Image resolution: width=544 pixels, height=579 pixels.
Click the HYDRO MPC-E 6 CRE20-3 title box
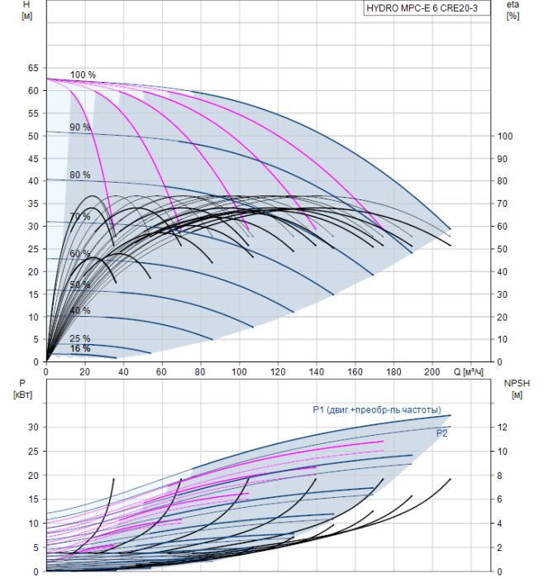(x=427, y=8)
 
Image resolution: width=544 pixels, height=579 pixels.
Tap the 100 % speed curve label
(x=83, y=75)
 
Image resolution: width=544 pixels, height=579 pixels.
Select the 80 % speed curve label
(x=80, y=175)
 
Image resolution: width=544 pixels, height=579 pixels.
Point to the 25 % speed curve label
(x=80, y=338)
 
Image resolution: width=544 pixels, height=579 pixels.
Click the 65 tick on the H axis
(x=33, y=68)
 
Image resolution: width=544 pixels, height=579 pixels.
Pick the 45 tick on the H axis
(x=33, y=159)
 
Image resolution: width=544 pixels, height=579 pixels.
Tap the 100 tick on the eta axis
(x=505, y=136)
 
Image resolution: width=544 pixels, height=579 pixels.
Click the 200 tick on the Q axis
(x=432, y=371)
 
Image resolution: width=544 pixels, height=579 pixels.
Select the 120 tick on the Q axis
(x=278, y=371)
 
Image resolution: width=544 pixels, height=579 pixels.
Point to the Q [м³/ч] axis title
(x=468, y=371)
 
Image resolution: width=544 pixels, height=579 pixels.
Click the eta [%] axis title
(x=513, y=10)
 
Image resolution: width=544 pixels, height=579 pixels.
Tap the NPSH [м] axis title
(x=517, y=389)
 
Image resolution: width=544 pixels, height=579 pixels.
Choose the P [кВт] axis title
(x=22, y=389)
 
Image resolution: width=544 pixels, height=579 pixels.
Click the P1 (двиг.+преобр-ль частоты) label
(x=377, y=410)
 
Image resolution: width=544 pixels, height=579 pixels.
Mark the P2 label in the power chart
(x=441, y=433)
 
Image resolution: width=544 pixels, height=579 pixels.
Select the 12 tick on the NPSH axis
(x=503, y=428)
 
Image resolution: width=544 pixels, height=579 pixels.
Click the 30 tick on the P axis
(x=33, y=428)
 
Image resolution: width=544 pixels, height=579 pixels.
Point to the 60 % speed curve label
(x=80, y=254)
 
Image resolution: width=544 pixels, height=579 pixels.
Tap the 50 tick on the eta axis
(x=503, y=249)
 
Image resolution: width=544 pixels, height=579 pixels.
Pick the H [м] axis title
(x=26, y=10)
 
